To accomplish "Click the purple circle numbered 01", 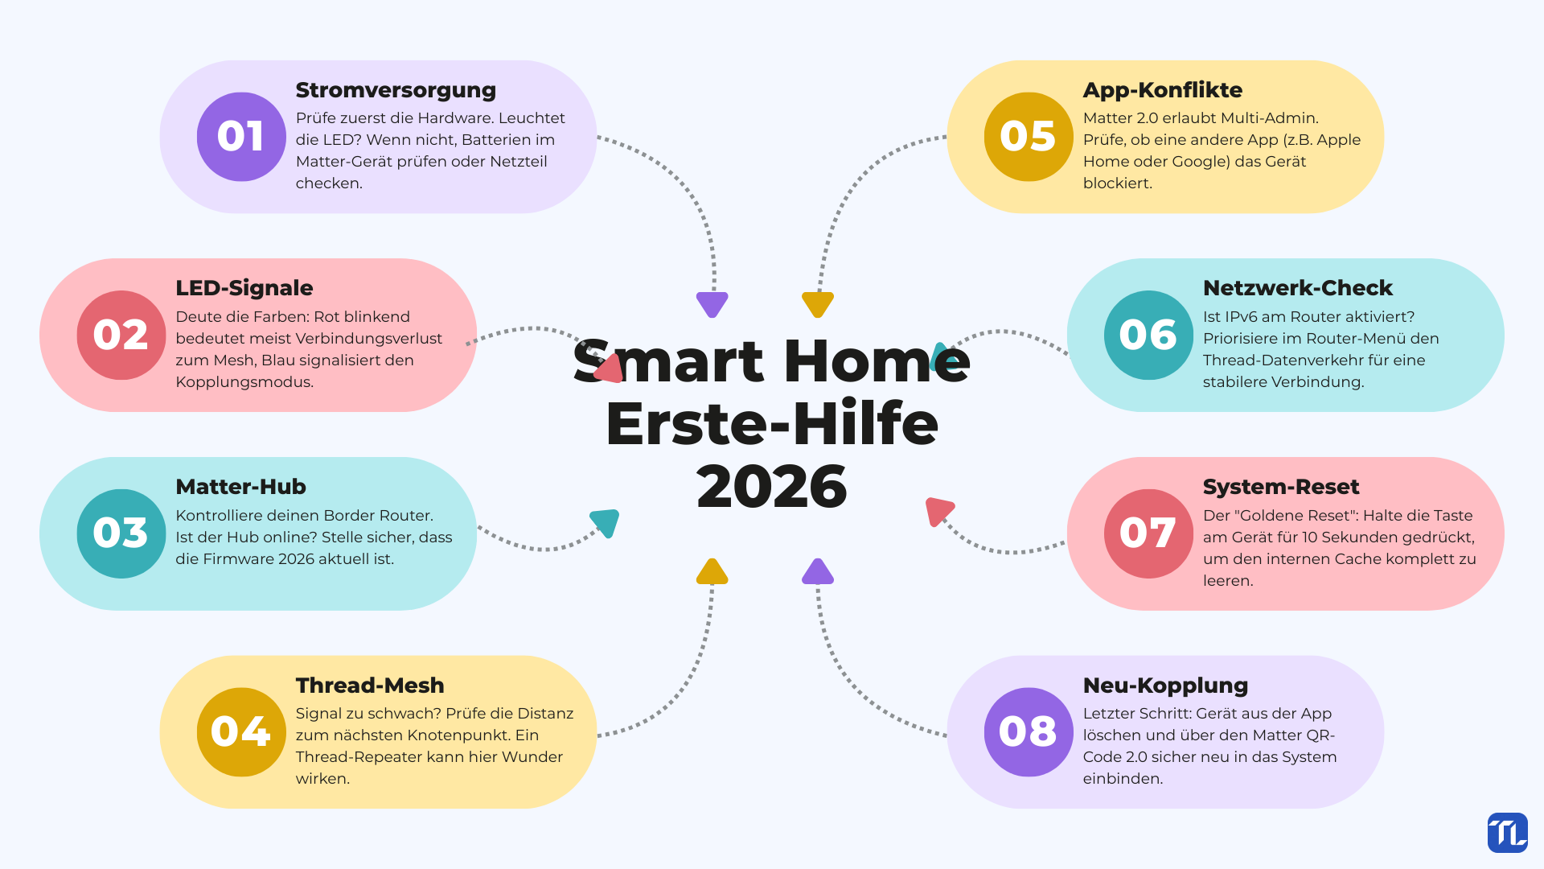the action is tap(241, 137).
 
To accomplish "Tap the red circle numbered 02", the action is tap(121, 335).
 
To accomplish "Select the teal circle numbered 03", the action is tap(121, 533).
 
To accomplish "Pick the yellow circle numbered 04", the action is tap(241, 732).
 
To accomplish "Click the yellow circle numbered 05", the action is tap(1029, 137).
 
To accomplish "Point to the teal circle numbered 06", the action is tap(1148, 335).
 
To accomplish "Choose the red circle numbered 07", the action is tap(1148, 533).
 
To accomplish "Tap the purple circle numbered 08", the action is tap(1029, 732).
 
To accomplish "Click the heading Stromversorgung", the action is tap(396, 91).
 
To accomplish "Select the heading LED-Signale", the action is tap(244, 288).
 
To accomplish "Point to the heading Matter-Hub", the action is tap(240, 487).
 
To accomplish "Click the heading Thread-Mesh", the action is tap(370, 686).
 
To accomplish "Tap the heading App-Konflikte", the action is tap(1163, 90).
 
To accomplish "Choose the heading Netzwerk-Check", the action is tap(1298, 288).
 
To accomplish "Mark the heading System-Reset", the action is tap(1281, 487).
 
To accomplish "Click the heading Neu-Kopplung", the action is tap(1165, 686).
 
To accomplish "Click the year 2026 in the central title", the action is tap(772, 487).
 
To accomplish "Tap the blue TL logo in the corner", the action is tap(1508, 833).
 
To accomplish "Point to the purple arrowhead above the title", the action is tap(712, 304).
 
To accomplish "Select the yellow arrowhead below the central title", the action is tap(712, 571).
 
